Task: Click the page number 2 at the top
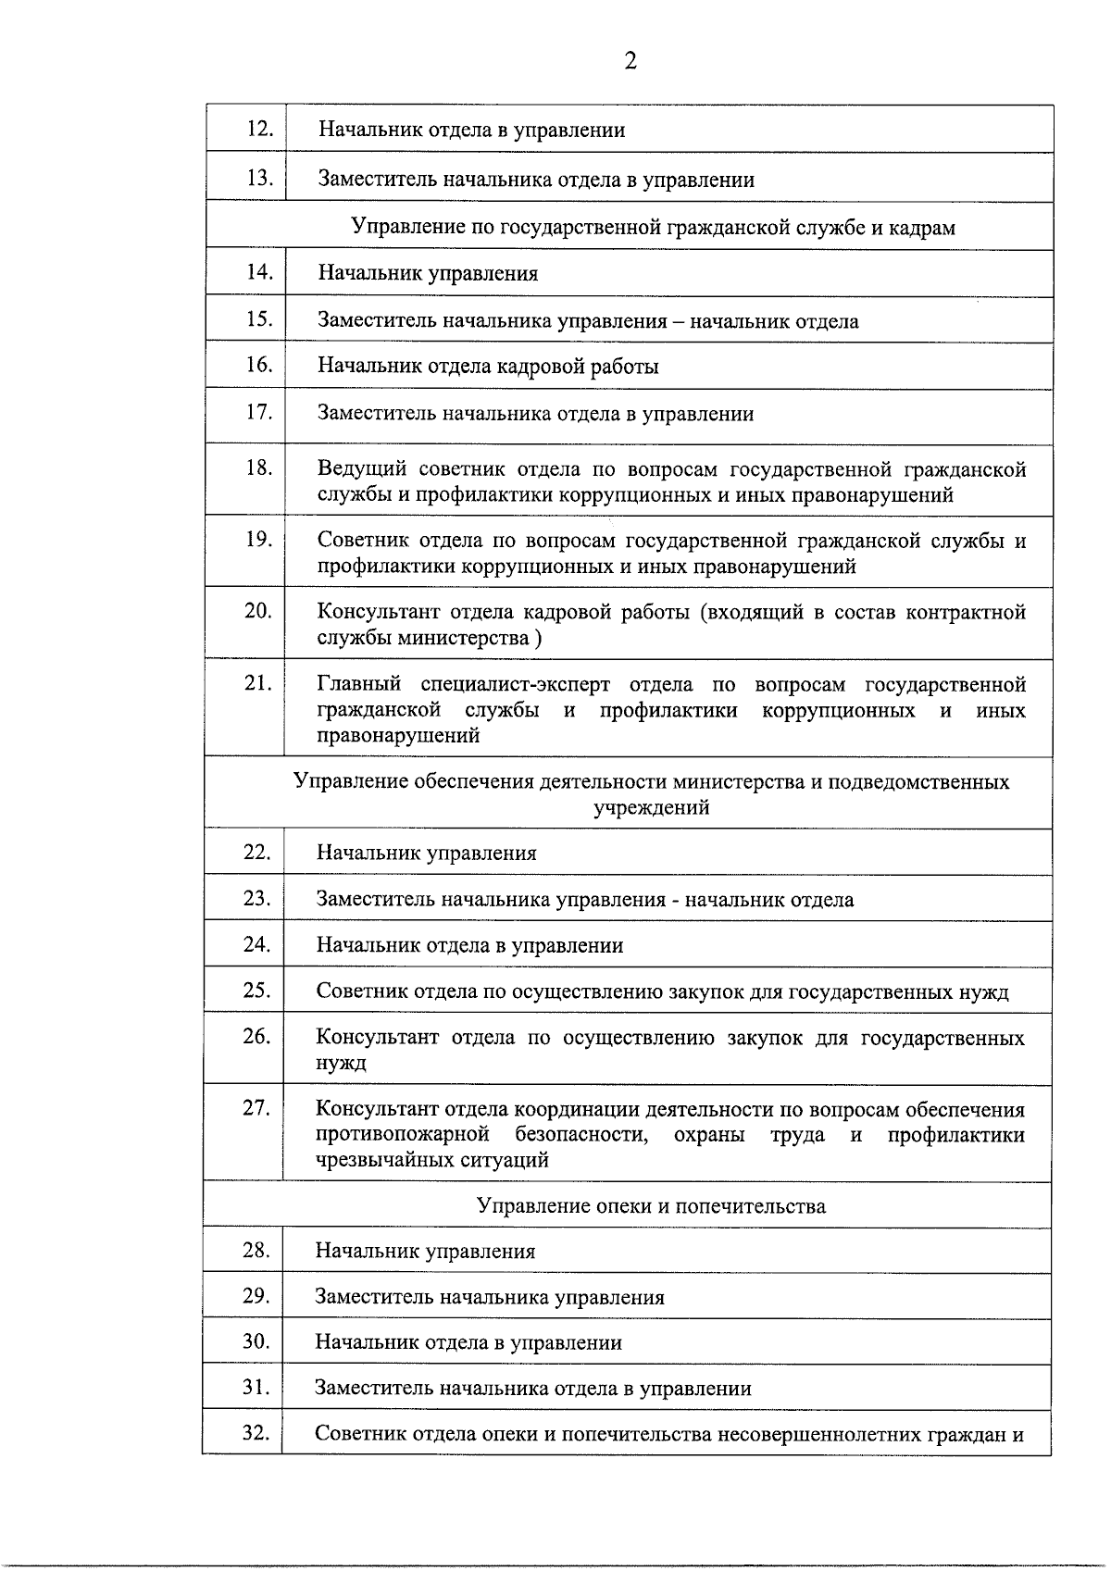coord(630,62)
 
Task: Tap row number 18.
coord(259,468)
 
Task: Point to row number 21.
coord(258,683)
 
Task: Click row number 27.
coord(256,1107)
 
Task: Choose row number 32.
coord(256,1433)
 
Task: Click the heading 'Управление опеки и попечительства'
coord(651,1205)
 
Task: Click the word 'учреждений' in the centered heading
coord(651,807)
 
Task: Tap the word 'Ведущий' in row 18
coord(359,469)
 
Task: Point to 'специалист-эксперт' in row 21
coord(516,685)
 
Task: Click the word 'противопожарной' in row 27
coord(402,1135)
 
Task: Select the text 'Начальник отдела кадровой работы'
coord(488,366)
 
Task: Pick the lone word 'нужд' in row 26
coord(341,1063)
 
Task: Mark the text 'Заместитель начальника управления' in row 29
coord(489,1297)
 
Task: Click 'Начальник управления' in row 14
coord(428,273)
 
